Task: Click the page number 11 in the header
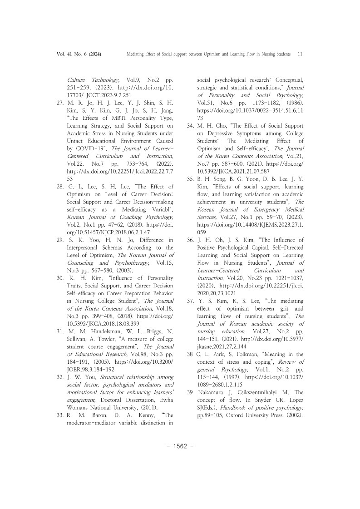(300, 54)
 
